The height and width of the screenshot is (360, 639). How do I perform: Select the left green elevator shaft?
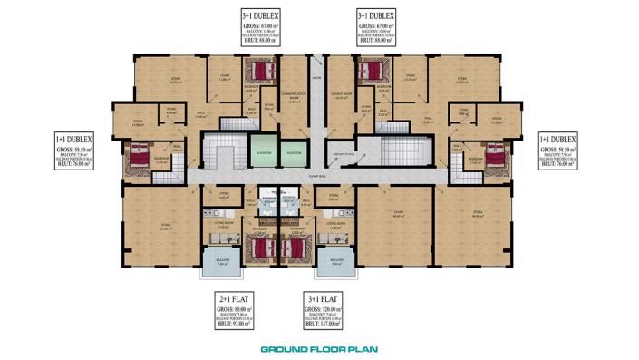coord(263,148)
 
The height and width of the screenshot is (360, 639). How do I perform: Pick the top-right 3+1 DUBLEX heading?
coord(375,15)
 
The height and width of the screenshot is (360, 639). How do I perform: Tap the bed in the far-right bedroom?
coord(495,157)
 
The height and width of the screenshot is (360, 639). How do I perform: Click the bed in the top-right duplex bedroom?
coord(372,70)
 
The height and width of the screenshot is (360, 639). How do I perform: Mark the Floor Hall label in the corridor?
coord(316,175)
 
